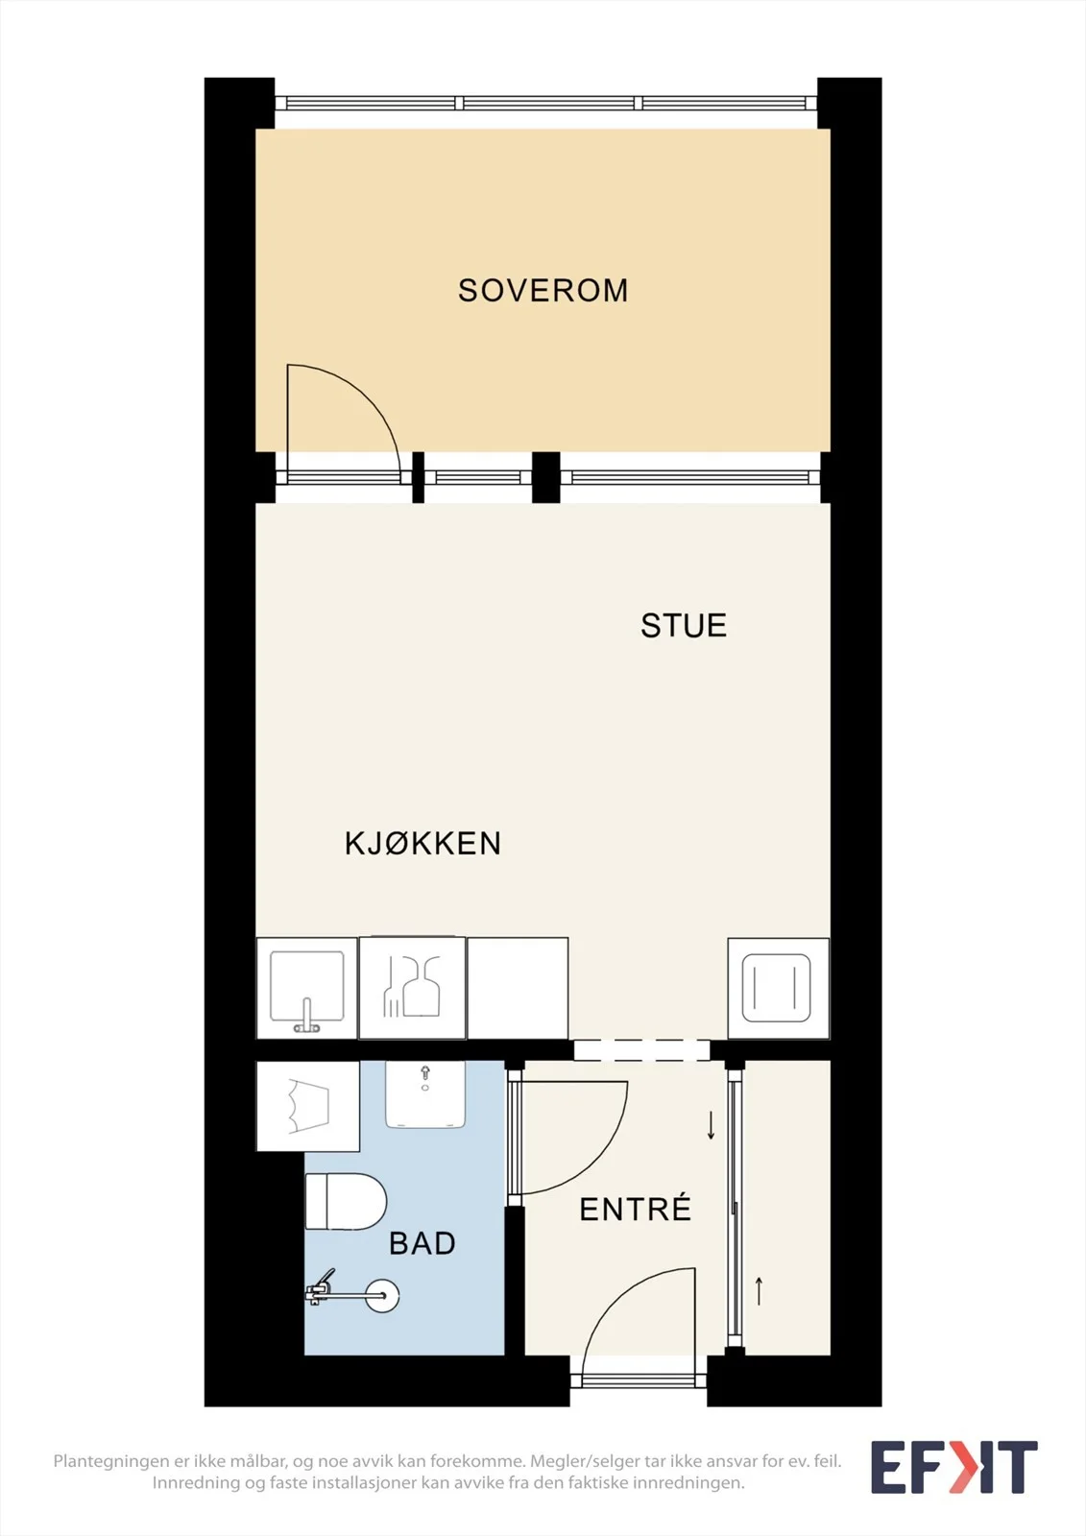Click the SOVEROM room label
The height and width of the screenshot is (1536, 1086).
pyautogui.click(x=543, y=291)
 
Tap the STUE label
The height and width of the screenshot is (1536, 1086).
pyautogui.click(x=684, y=625)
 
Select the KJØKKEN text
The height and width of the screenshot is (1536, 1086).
pyautogui.click(x=422, y=844)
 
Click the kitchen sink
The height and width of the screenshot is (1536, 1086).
pyautogui.click(x=306, y=988)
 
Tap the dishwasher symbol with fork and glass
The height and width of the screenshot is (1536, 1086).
pyautogui.click(x=412, y=988)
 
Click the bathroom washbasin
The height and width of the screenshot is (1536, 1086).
pyautogui.click(x=425, y=1094)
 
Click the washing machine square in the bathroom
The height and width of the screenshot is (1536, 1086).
pyautogui.click(x=308, y=1106)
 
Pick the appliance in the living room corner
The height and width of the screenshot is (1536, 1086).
pyautogui.click(x=778, y=988)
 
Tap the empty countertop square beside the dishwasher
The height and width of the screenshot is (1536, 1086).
pyautogui.click(x=518, y=988)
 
